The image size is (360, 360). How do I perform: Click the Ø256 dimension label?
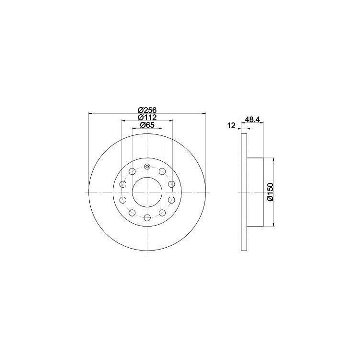point(147,110)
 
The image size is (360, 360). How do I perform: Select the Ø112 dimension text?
point(147,118)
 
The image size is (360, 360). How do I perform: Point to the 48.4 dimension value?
point(253,120)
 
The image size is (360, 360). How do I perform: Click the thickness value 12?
point(231,126)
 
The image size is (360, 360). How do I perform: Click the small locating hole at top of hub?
point(147,167)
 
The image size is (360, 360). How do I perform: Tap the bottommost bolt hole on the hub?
point(147,218)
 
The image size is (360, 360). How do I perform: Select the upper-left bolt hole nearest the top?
point(132,171)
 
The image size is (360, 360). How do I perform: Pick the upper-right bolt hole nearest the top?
point(162,171)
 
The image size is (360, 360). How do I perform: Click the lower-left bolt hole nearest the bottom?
point(132,213)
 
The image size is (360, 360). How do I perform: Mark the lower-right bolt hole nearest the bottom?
point(162,213)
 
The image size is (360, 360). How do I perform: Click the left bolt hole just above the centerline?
point(123,185)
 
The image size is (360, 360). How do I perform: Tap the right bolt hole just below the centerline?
point(172,199)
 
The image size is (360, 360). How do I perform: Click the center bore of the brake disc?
point(147,192)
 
